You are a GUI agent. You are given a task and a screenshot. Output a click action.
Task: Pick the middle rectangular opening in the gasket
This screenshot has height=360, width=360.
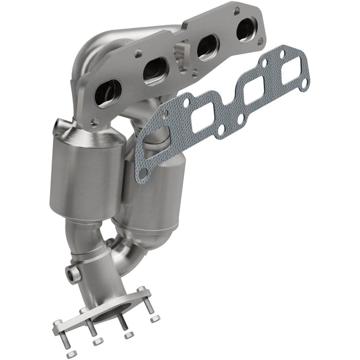pos(256,92)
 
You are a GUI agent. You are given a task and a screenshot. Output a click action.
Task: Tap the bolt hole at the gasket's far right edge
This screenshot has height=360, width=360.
pos(304,82)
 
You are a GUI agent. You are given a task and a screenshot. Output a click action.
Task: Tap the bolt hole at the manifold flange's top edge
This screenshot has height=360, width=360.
pos(236,10)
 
